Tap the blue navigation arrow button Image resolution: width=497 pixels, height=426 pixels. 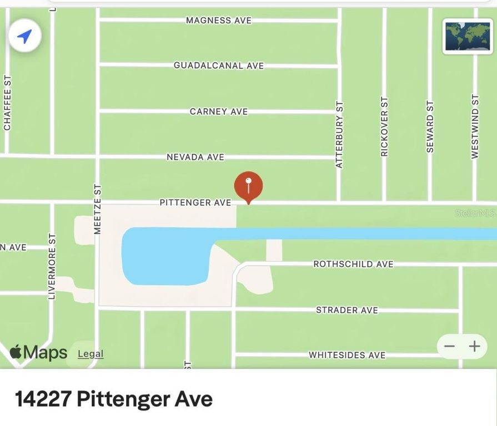[24, 37]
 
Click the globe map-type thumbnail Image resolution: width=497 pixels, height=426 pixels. [460, 36]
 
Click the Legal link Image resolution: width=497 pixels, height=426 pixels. [91, 354]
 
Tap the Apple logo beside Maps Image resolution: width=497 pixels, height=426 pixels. [16, 352]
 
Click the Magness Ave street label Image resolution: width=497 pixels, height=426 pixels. [219, 21]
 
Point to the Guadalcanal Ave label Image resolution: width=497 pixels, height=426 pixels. [219, 65]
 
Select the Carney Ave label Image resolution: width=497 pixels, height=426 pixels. [219, 111]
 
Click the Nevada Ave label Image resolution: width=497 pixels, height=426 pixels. [195, 157]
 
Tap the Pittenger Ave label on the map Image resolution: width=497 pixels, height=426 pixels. [195, 203]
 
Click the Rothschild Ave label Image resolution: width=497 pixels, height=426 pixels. [353, 264]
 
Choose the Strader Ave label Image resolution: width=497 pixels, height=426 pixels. [347, 310]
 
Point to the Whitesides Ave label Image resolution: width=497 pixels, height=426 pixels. [347, 355]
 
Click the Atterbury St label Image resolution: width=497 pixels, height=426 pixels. [340, 134]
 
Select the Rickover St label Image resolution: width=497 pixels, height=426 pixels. [384, 126]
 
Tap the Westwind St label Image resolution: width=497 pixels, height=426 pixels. [475, 126]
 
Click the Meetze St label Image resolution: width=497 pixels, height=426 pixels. [98, 209]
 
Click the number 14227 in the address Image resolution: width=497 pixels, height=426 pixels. [43, 399]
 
